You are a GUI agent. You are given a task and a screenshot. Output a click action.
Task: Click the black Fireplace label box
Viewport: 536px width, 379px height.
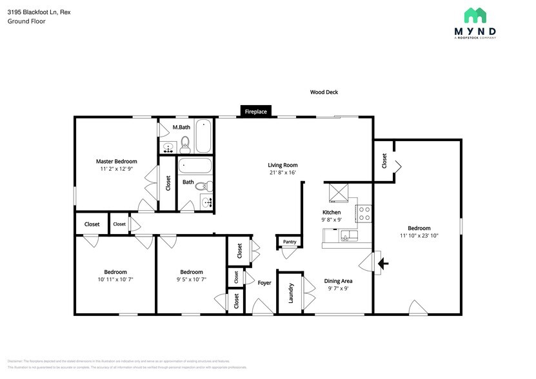255,112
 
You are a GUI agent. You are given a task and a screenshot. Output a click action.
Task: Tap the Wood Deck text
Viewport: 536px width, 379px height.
324,92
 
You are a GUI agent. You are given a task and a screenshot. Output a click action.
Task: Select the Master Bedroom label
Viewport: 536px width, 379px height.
116,161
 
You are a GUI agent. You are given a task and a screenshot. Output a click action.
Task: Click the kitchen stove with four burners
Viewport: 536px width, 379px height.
364,213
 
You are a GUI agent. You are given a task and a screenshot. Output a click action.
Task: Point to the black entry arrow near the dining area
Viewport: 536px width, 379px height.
382,263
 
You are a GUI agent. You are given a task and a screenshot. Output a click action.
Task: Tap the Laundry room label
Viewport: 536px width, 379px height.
291,293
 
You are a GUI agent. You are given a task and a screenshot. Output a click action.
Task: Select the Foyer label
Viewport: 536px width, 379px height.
264,282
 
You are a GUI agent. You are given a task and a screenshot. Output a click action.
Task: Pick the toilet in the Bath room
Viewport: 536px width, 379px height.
201,187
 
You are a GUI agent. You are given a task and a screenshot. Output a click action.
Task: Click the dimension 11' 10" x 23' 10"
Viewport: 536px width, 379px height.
419,235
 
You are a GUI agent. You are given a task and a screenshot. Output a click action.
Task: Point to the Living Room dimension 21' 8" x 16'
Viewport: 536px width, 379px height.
283,173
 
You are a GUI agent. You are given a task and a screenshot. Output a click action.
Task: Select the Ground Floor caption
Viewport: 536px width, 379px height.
26,21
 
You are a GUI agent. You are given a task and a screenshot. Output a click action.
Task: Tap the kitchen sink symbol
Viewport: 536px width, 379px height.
348,237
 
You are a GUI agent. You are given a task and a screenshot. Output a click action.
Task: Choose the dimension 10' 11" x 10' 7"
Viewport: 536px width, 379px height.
115,279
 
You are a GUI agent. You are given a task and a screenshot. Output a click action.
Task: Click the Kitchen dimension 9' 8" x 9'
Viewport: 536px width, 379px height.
332,220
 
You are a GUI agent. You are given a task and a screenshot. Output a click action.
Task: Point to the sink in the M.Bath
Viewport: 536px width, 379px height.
168,148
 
